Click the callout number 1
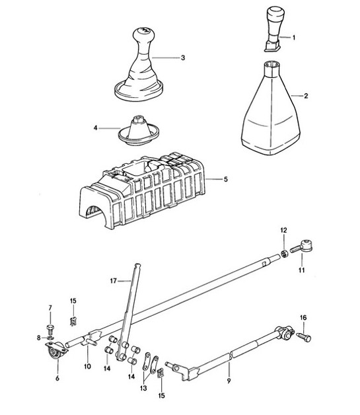293,38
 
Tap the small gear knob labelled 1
275,29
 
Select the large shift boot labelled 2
271,108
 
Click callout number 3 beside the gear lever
183,57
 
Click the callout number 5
225,179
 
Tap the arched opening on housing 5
93,213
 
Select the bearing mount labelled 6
56,352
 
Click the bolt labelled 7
50,328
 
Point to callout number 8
38,338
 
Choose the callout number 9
229,381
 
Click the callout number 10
87,366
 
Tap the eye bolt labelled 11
302,246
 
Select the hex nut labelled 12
284,254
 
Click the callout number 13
143,389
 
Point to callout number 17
113,281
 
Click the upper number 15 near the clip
73,301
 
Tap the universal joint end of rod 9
284,333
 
